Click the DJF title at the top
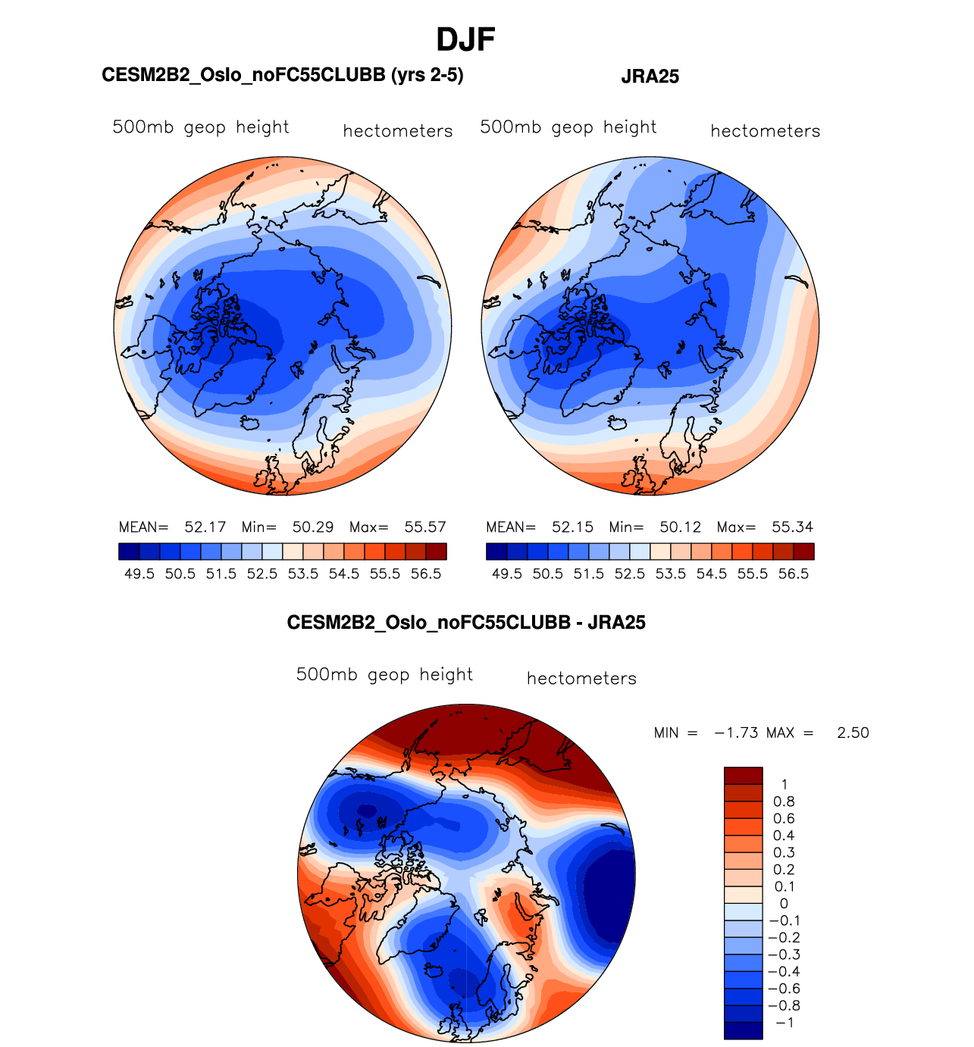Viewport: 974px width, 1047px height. [465, 39]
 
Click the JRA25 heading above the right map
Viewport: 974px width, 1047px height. [650, 77]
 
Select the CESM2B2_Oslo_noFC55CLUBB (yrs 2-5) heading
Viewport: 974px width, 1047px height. [282, 75]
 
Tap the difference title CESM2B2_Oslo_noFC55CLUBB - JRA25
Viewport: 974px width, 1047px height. [465, 623]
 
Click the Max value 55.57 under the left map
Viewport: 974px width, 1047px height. [425, 527]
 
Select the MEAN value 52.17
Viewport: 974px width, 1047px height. [205, 527]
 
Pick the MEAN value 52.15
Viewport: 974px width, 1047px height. [572, 527]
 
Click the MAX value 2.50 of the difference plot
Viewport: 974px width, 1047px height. [853, 733]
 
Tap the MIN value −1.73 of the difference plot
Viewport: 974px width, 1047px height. [736, 733]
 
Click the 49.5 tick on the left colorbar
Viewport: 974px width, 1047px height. [139, 574]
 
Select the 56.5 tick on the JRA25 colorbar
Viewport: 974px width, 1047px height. [794, 574]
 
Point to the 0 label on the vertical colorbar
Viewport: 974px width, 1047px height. [784, 904]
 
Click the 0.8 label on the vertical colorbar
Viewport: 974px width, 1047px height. [784, 802]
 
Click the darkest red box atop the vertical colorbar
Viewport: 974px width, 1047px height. [743, 776]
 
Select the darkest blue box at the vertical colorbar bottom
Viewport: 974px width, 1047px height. [743, 1030]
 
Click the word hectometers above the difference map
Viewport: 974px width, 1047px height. [581, 679]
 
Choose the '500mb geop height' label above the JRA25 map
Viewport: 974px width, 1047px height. [568, 127]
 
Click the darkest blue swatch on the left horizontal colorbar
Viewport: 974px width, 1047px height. [129, 552]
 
